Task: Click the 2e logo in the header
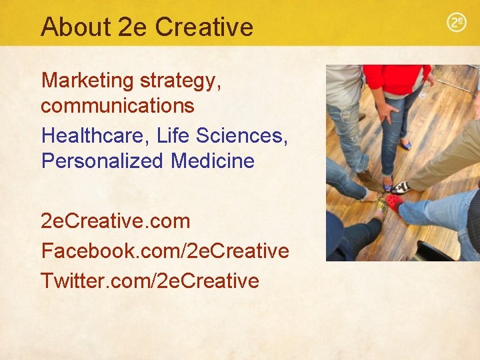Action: click(x=456, y=23)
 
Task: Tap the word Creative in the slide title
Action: click(x=204, y=27)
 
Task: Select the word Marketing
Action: click(x=87, y=81)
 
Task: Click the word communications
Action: click(x=117, y=105)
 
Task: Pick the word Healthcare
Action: click(x=95, y=135)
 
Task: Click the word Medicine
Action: click(x=213, y=161)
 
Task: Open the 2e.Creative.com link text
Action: click(x=115, y=221)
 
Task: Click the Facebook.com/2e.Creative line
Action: click(x=165, y=251)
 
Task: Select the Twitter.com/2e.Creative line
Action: click(x=149, y=281)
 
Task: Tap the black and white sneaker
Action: click(x=401, y=187)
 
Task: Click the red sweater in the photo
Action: click(x=396, y=79)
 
